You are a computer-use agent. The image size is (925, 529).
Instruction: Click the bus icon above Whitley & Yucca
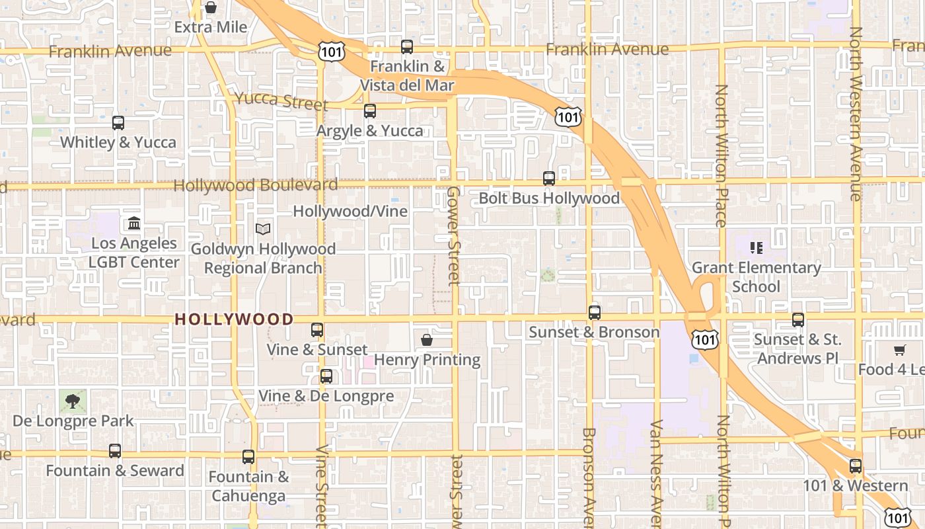tap(118, 123)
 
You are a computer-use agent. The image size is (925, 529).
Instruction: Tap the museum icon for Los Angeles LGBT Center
tap(134, 224)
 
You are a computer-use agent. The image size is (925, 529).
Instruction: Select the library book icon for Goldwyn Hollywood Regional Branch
tap(263, 229)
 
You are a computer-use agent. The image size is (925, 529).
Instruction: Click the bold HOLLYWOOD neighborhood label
tap(234, 319)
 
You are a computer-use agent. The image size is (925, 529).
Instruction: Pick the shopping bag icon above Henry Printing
tap(427, 341)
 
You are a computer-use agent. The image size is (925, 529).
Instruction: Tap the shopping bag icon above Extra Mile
tap(211, 8)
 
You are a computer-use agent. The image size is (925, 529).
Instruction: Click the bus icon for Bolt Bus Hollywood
tap(549, 179)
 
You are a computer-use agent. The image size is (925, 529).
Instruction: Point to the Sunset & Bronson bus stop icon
tap(595, 313)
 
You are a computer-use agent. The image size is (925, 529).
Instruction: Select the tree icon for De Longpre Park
tap(73, 401)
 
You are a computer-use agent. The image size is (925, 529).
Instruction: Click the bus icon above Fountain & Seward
tap(115, 451)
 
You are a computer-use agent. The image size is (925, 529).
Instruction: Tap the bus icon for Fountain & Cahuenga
tap(248, 457)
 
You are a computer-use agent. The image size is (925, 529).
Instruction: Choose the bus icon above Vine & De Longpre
tap(326, 376)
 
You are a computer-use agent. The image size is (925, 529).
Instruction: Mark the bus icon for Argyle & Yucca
tap(370, 111)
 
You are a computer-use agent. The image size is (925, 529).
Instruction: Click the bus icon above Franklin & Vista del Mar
tap(407, 47)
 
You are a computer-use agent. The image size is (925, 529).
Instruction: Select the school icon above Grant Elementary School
tap(757, 248)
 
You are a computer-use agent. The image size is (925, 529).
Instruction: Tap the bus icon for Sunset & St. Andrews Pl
tap(798, 320)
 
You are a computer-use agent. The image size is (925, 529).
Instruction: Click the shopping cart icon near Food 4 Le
tap(899, 350)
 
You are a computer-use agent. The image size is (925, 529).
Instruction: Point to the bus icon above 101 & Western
tap(856, 466)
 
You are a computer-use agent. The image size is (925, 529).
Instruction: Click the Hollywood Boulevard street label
tap(255, 185)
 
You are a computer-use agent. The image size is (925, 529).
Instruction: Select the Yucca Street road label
tap(281, 101)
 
